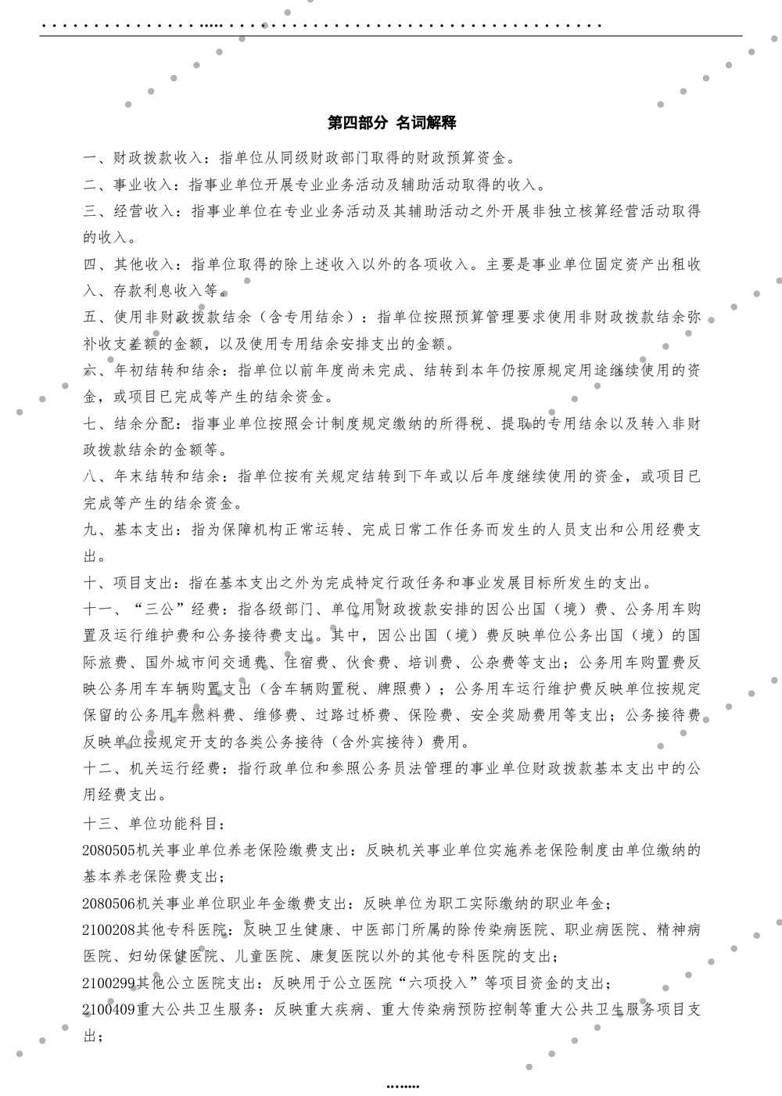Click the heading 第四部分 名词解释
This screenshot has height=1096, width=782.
click(x=392, y=123)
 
